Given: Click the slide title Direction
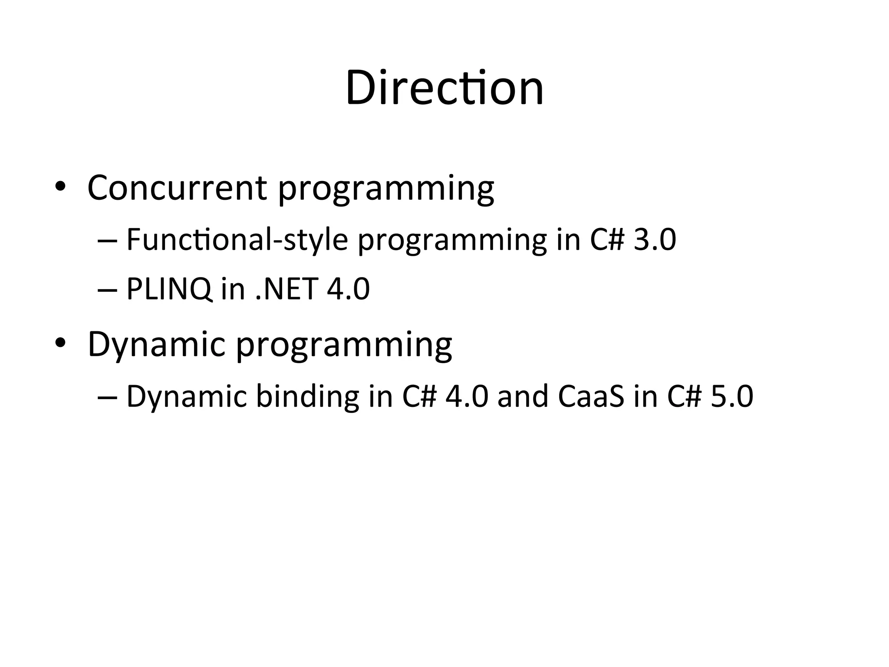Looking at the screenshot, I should [444, 89].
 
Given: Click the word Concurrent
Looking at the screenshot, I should [177, 188].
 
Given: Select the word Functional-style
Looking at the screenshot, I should [237, 240].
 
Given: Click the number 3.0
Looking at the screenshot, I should [655, 240].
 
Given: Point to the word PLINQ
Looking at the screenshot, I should [169, 289].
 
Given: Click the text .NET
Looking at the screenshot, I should [286, 289].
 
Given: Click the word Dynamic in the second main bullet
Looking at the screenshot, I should [156, 344].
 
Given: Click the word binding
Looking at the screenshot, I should [307, 396].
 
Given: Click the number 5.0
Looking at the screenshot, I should [732, 396].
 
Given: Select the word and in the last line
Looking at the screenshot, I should [523, 396].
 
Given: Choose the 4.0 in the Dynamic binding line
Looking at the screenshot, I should [467, 396].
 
